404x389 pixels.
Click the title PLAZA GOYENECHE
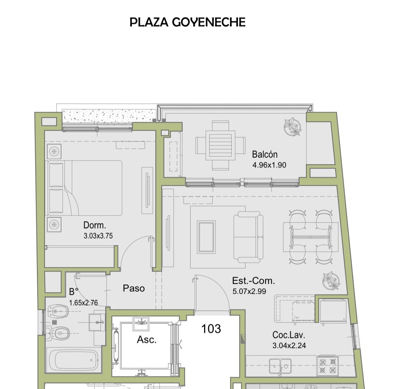point(187,22)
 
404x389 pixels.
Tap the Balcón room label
point(264,154)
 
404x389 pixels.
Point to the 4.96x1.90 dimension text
point(269,165)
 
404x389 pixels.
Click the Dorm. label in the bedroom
point(95,225)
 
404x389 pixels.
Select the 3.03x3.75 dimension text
point(98,236)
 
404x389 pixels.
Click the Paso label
point(134,288)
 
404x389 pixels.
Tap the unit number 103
point(211,329)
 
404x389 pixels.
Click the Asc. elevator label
point(147,340)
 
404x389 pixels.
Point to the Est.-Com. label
point(253,281)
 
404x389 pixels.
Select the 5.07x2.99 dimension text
point(249,291)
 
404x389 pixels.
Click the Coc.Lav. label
point(289,335)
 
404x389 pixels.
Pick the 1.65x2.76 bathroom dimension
point(83,303)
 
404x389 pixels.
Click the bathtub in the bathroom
point(74,360)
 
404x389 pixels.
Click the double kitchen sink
point(280,366)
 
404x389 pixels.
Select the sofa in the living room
point(248,237)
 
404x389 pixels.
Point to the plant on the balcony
point(293,127)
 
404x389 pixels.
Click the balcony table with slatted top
point(220,146)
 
